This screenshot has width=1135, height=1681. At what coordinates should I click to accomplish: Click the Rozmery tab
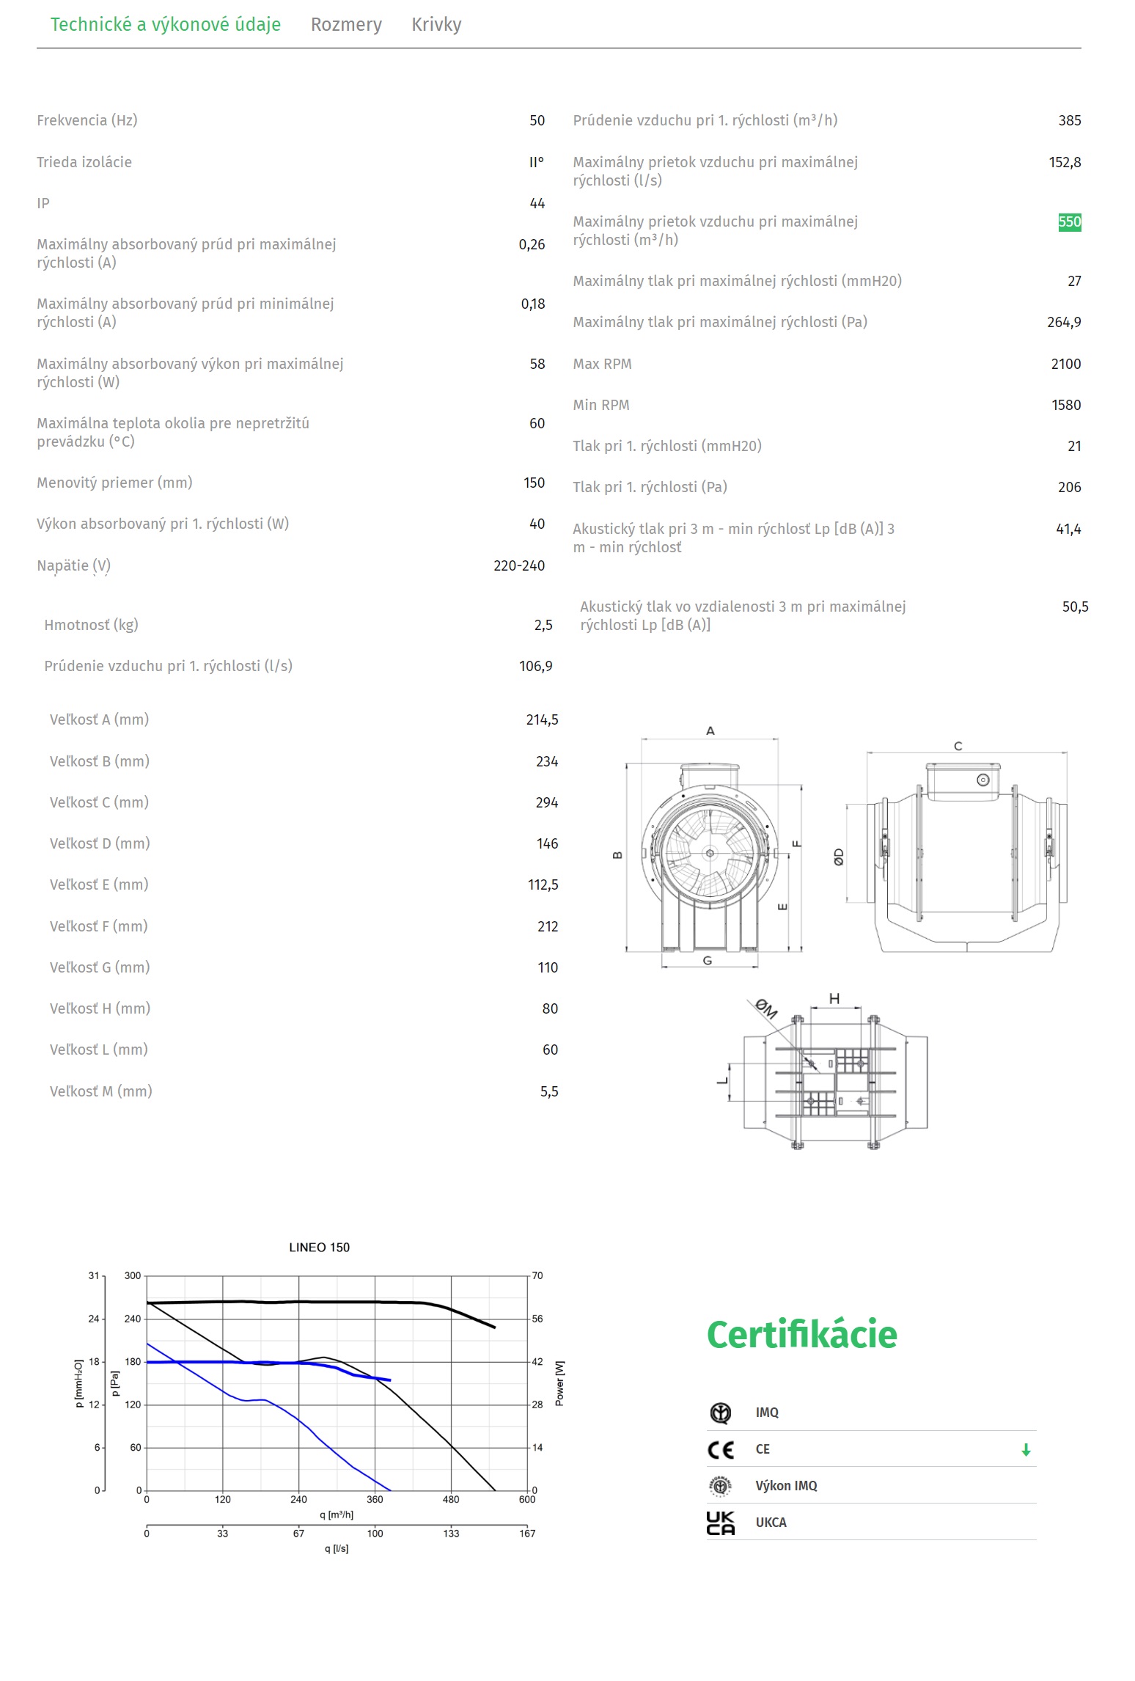coord(346,25)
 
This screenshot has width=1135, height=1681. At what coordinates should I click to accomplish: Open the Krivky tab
coord(436,25)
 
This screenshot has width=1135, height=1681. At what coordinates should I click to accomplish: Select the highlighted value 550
coord(1069,222)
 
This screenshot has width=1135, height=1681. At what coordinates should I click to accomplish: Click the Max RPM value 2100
coord(1065,364)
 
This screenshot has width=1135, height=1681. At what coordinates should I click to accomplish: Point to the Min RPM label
coord(600,405)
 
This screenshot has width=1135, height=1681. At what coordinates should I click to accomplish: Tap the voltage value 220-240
coord(518,565)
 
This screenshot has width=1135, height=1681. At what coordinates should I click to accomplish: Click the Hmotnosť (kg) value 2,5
coord(543,625)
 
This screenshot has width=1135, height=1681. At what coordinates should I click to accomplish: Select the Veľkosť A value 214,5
coord(542,719)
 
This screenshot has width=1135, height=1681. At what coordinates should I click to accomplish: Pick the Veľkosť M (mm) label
coord(100,1091)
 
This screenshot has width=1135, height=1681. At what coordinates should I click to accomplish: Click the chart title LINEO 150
coord(319,1248)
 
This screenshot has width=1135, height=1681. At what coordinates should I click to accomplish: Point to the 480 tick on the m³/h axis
coord(451,1499)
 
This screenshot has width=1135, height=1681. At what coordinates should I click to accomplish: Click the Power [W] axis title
coord(559,1383)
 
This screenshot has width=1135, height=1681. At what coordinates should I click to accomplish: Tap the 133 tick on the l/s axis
coord(451,1533)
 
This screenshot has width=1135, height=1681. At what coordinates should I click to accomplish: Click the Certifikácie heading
coord(801,1334)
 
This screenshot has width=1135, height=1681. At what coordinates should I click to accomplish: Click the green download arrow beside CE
coord(1026,1449)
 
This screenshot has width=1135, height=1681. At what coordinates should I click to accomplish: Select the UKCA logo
coord(720,1523)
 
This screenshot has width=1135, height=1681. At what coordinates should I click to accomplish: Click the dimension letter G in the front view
coord(707,961)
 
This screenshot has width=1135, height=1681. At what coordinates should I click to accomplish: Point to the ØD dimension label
coord(839,857)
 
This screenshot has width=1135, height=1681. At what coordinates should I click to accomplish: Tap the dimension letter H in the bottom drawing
coord(834,999)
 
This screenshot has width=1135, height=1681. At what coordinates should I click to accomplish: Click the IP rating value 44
coord(537,203)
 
